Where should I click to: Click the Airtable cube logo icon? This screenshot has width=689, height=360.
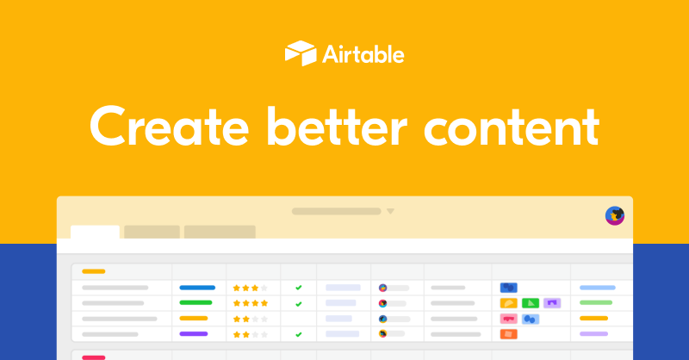tap(301, 53)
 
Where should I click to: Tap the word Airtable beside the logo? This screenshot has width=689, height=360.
tap(363, 54)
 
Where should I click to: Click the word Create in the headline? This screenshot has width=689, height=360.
tap(170, 127)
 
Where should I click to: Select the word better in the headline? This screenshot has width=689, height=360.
tap(337, 126)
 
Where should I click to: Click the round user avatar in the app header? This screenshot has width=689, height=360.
tap(615, 216)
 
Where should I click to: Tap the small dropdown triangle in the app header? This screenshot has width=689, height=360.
tap(390, 211)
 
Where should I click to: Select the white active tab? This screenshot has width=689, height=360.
tap(95, 232)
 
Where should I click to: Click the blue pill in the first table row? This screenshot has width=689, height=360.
tap(197, 288)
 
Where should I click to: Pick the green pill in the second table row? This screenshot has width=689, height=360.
tap(196, 303)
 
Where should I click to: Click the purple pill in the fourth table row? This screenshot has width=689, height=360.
tap(193, 334)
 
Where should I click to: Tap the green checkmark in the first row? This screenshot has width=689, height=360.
tap(299, 288)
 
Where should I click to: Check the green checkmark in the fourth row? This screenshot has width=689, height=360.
tap(299, 334)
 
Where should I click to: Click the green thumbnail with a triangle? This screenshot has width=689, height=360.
tap(531, 303)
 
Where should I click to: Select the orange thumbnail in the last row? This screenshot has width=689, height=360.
tap(508, 334)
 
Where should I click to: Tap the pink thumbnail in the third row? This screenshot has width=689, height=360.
tap(508, 319)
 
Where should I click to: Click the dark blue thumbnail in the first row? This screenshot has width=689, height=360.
tap(508, 288)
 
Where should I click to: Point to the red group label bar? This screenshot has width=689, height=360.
tap(94, 357)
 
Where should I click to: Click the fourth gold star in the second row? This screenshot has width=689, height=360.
tap(264, 303)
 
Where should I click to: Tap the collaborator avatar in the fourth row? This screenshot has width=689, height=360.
tap(382, 334)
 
